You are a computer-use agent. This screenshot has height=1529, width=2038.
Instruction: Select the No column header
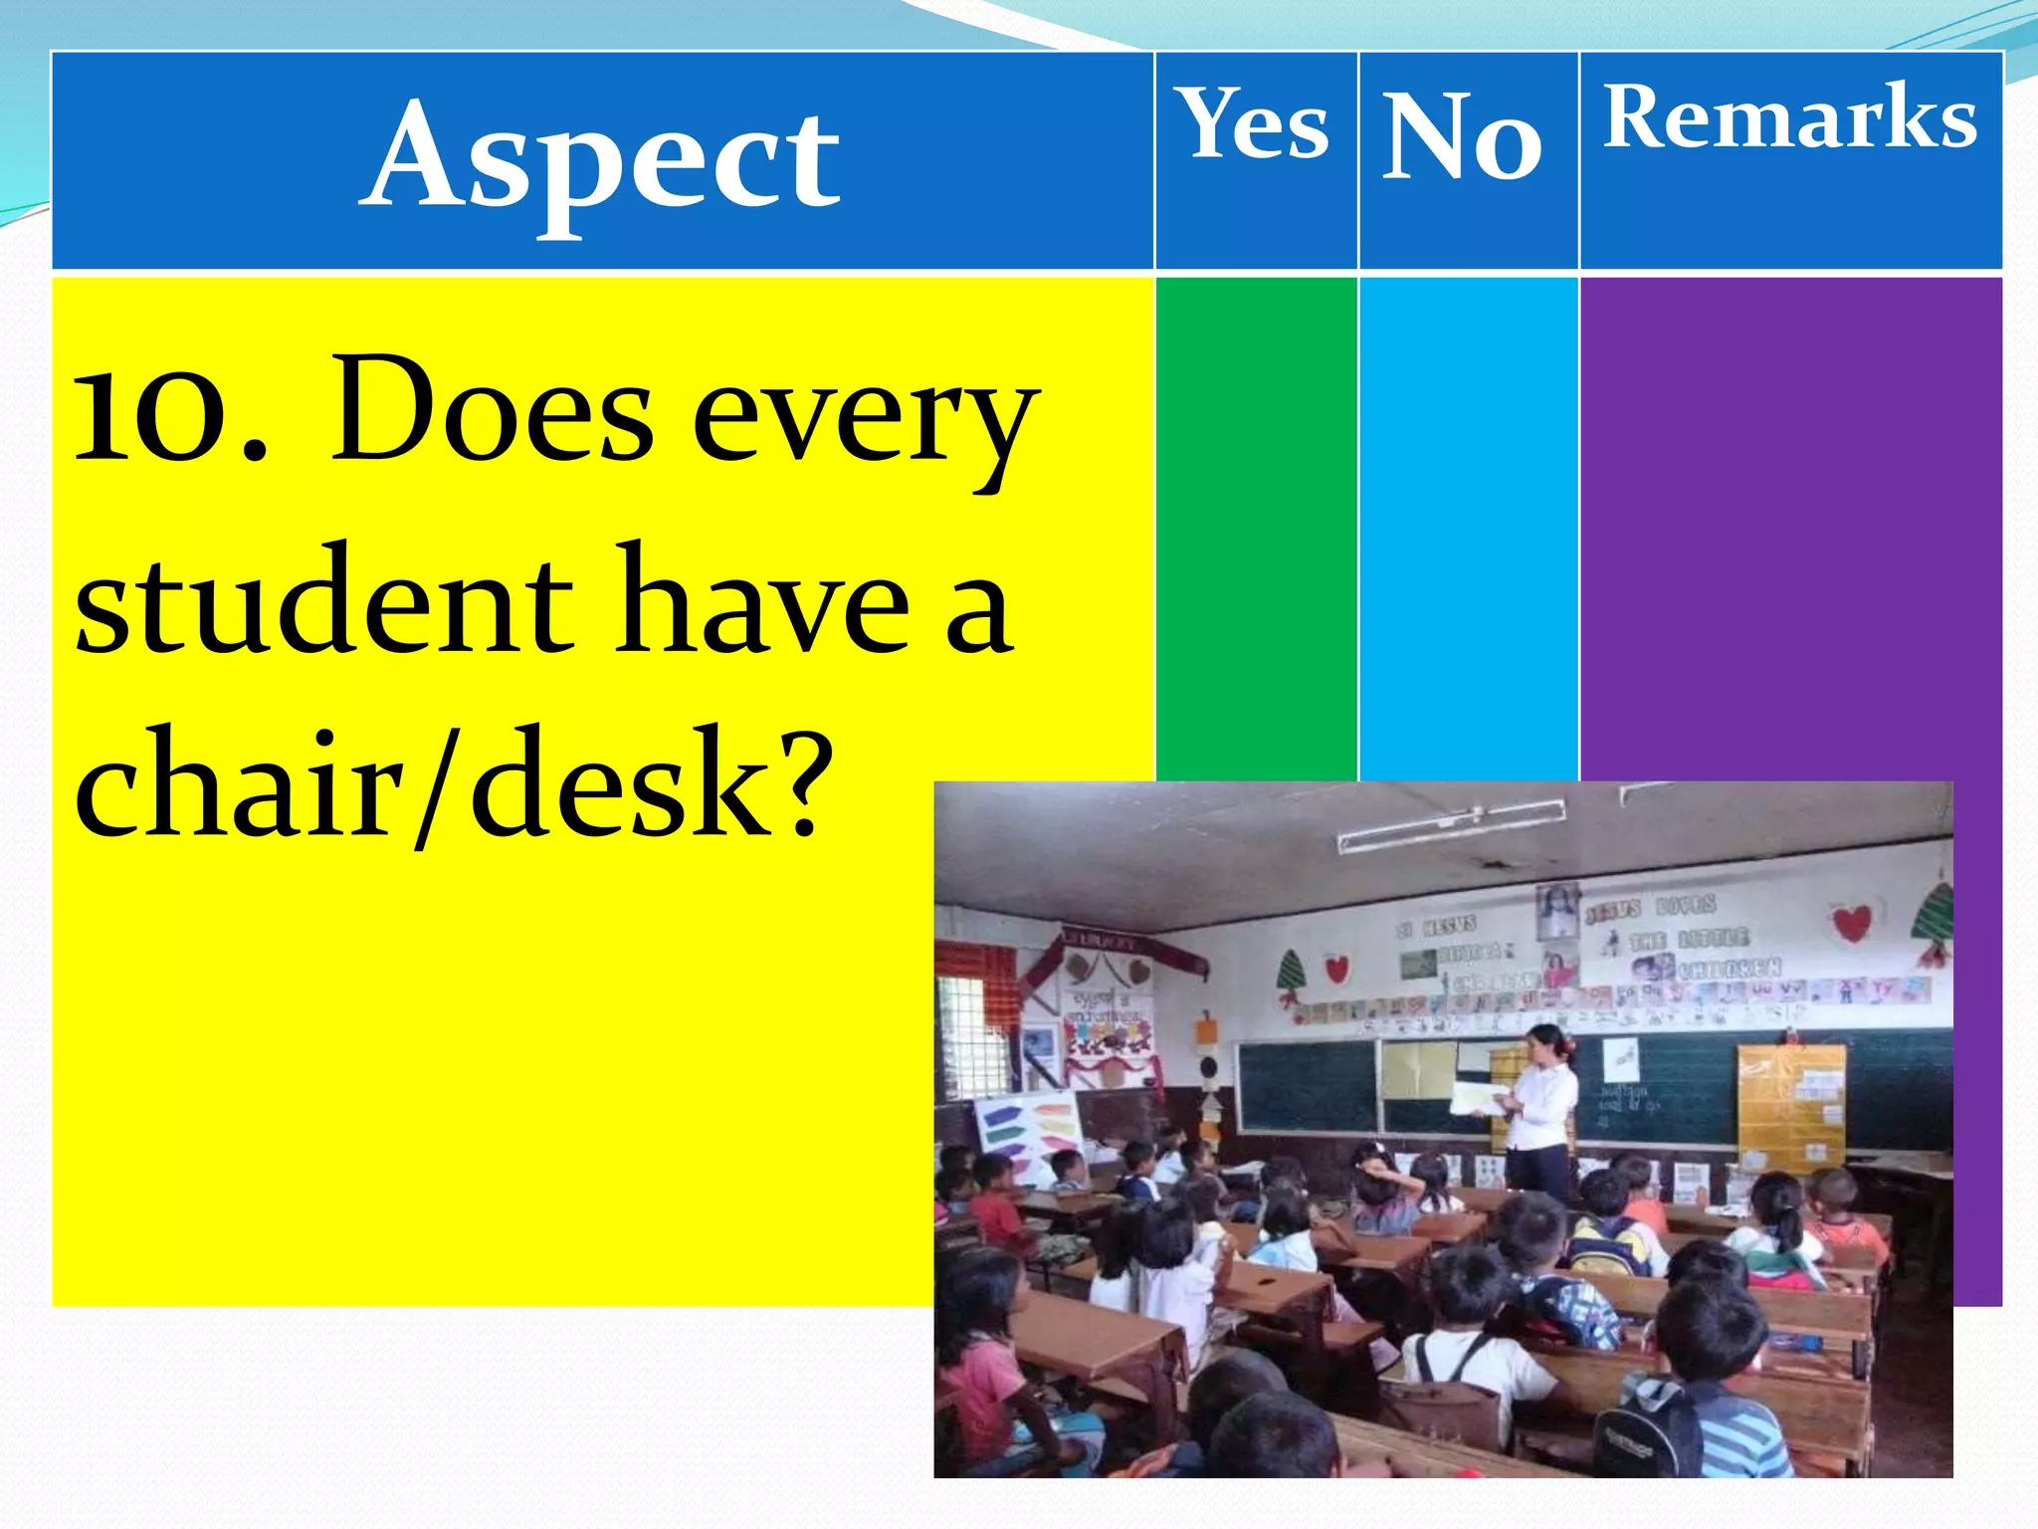click(1463, 136)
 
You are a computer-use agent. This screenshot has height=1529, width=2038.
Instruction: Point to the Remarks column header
click(1789, 117)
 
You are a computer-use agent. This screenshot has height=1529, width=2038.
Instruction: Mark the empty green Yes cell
click(1256, 528)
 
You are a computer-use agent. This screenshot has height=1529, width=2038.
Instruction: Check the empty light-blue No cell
click(1468, 528)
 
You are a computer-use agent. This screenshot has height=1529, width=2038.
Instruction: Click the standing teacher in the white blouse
click(1539, 1110)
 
